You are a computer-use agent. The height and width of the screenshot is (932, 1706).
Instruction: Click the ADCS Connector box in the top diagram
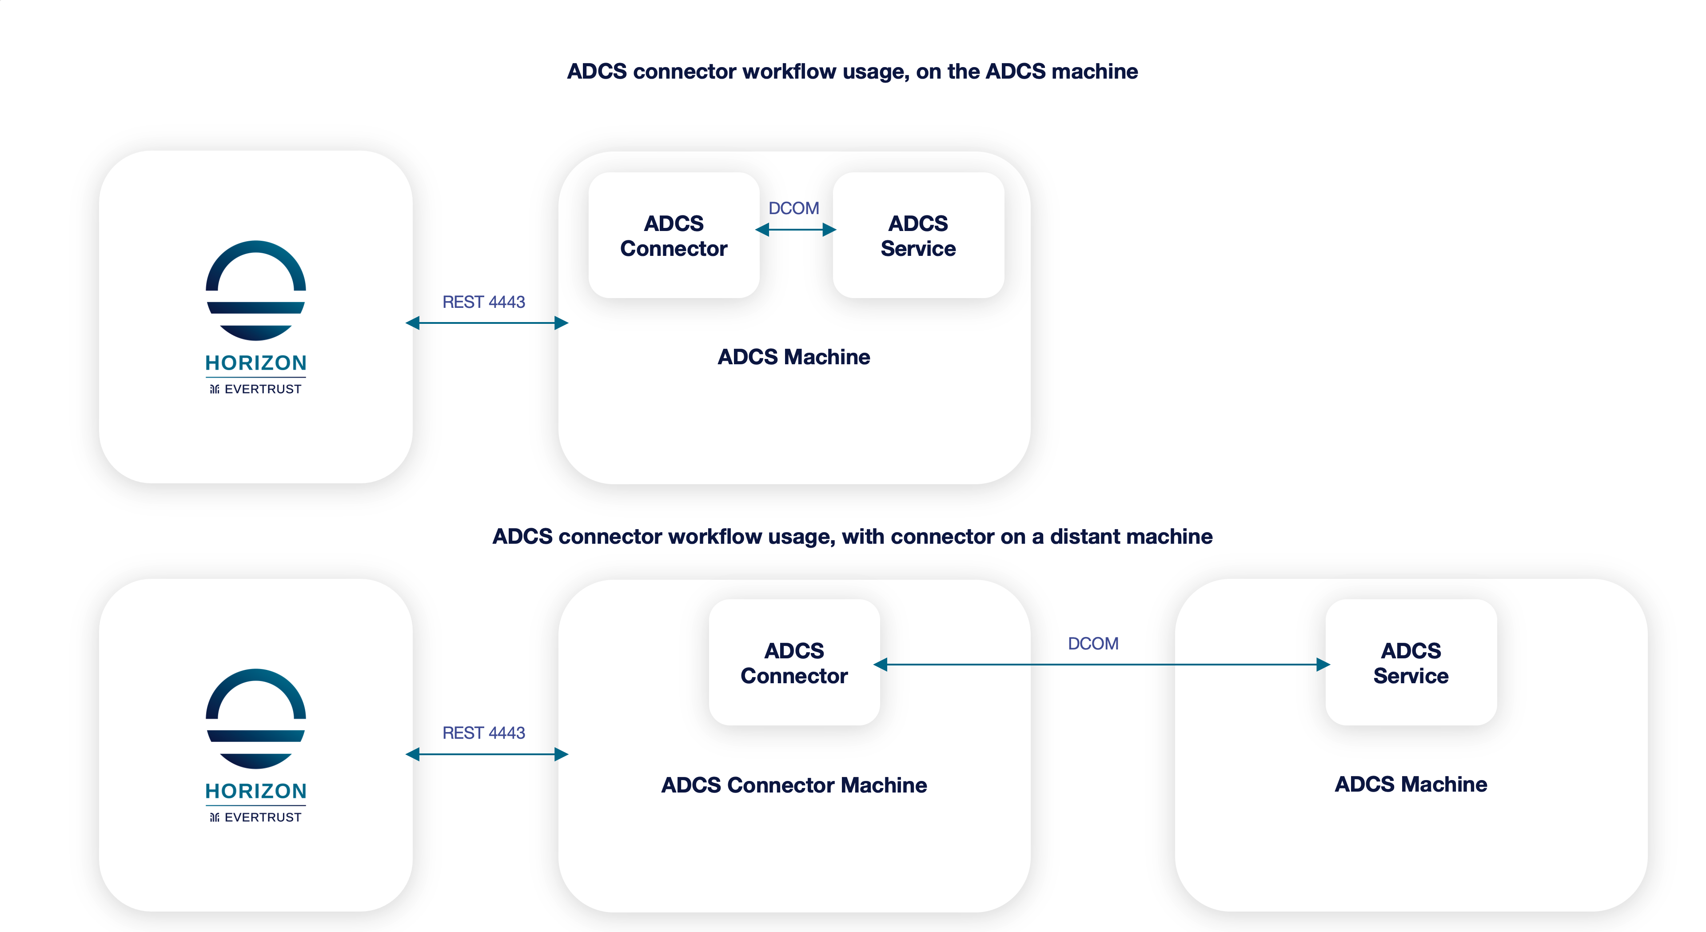(x=673, y=235)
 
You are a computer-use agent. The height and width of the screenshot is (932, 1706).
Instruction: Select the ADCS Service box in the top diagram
(x=918, y=235)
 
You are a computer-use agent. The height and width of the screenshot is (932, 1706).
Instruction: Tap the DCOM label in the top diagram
(x=793, y=208)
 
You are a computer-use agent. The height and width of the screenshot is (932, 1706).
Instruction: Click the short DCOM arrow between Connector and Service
(x=795, y=230)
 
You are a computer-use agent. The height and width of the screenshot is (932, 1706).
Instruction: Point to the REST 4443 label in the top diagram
(x=483, y=302)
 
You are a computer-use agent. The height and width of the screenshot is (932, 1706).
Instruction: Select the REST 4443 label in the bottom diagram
(x=483, y=733)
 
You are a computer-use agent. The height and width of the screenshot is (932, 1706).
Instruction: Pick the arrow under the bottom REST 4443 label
(x=487, y=754)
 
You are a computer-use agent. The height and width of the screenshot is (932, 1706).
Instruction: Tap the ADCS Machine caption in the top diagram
(x=793, y=357)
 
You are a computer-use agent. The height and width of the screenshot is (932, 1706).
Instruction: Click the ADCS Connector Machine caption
(x=793, y=785)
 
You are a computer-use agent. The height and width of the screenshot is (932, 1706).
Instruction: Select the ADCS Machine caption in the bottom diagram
(x=1411, y=784)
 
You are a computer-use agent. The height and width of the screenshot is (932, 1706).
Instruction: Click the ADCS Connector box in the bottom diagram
(x=793, y=662)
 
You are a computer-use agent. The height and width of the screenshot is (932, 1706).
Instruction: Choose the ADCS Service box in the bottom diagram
(x=1411, y=662)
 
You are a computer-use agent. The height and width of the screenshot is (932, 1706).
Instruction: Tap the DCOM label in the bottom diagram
(x=1093, y=643)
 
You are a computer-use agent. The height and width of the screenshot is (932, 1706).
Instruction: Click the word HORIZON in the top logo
(x=255, y=363)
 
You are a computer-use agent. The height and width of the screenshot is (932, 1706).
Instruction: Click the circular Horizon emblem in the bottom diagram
(x=255, y=719)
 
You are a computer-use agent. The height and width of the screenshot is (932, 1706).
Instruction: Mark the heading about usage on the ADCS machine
(x=853, y=72)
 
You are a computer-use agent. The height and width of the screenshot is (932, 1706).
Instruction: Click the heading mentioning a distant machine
(x=853, y=537)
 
